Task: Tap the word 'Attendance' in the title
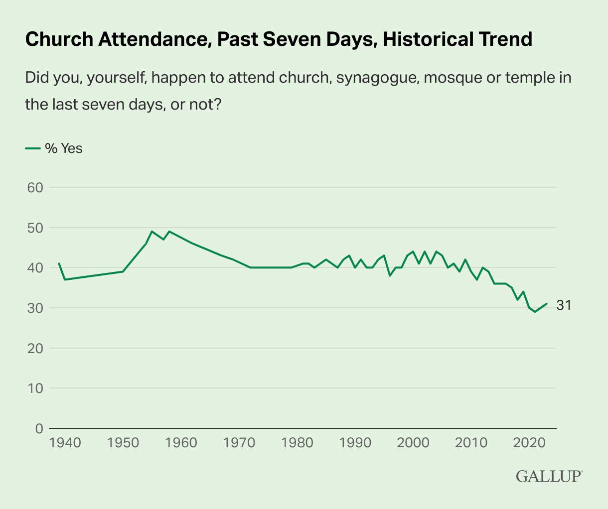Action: tap(150, 39)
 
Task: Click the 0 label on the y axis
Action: tap(39, 428)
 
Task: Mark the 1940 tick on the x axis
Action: tap(65, 442)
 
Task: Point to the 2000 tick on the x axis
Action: tap(412, 442)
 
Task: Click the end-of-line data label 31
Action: tap(564, 305)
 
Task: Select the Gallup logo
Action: tap(549, 476)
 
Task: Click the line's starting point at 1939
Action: tap(59, 263)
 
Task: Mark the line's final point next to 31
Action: tap(547, 303)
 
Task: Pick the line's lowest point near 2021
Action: tap(535, 312)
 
